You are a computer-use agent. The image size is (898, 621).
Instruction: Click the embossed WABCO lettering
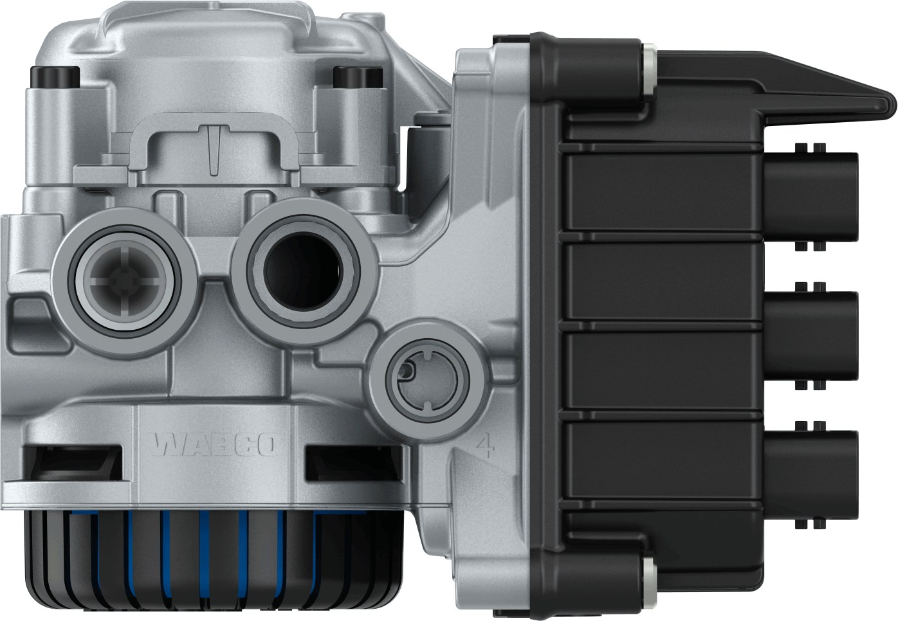(x=215, y=445)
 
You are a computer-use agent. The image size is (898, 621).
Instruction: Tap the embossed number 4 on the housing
(x=486, y=445)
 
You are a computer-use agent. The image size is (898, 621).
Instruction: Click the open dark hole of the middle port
(x=303, y=271)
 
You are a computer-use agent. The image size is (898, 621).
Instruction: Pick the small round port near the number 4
(x=427, y=380)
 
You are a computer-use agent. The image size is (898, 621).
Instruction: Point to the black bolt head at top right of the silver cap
(x=357, y=77)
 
